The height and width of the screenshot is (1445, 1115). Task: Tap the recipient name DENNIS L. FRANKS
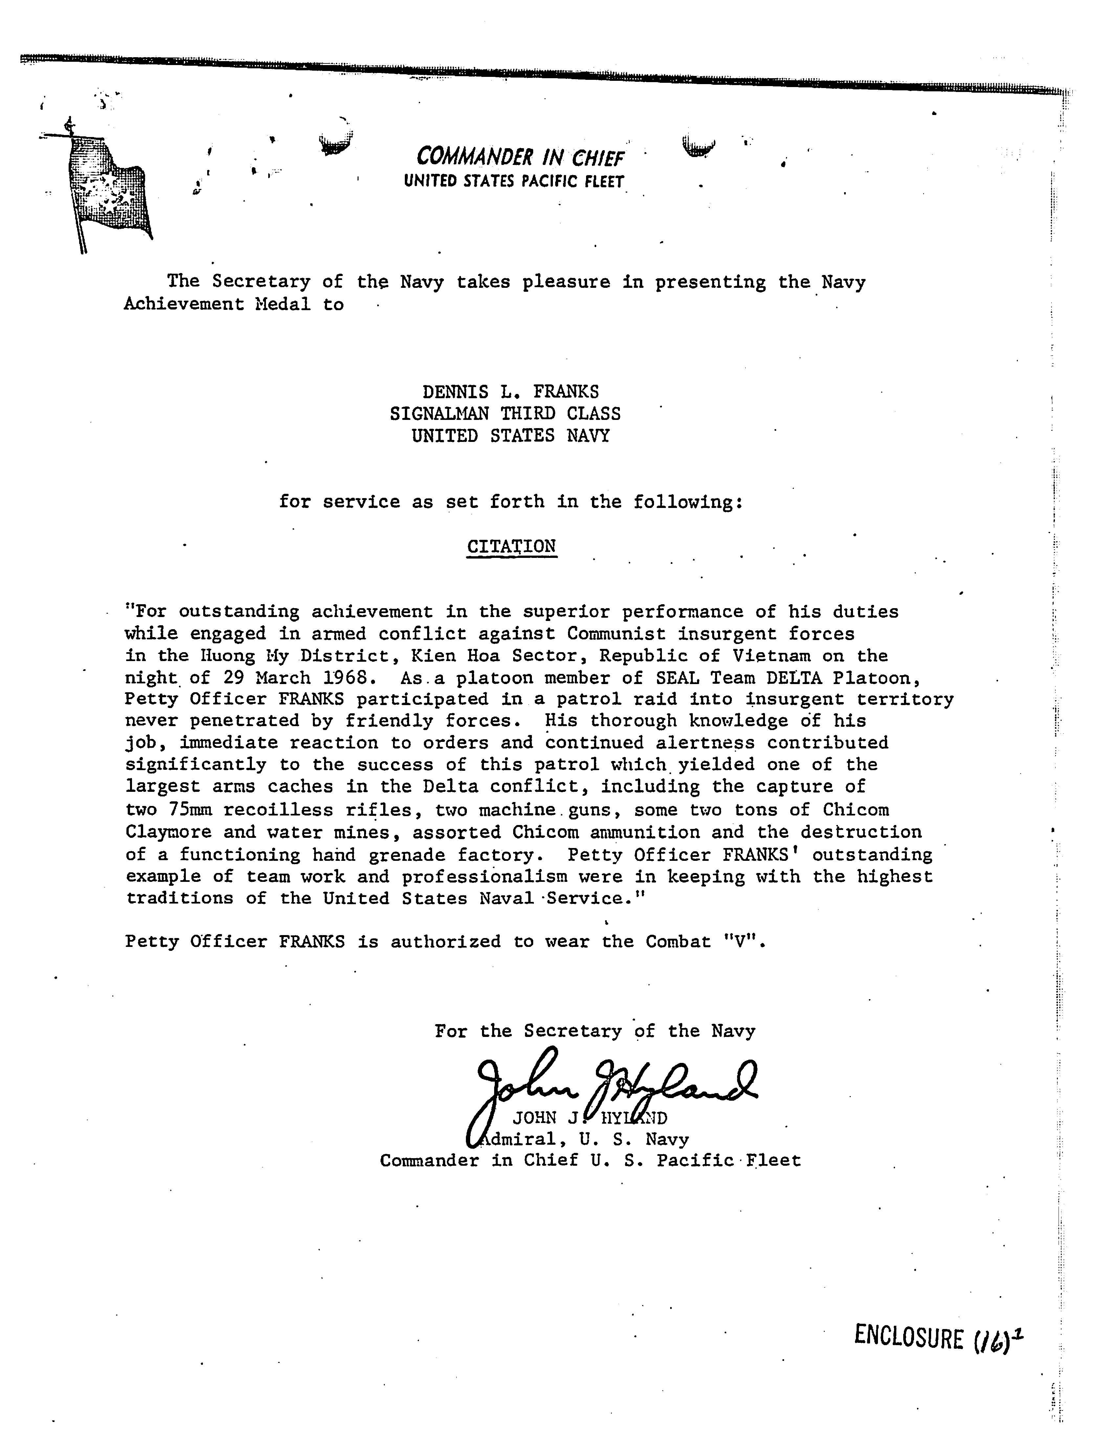click(x=511, y=392)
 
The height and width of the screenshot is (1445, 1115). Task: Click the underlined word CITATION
click(x=511, y=546)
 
